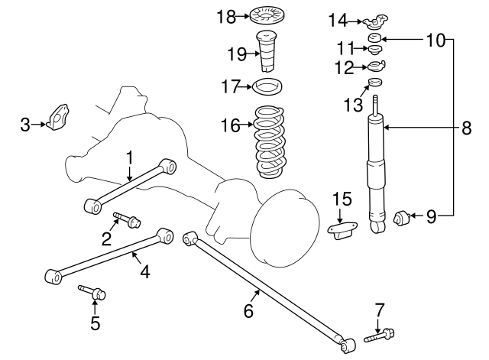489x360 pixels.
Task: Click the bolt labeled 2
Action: pos(127,221)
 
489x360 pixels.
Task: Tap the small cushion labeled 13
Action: pos(375,83)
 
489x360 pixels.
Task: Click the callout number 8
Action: pos(467,129)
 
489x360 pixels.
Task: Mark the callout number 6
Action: pos(248,311)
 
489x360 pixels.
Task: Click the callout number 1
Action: pos(130,157)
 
